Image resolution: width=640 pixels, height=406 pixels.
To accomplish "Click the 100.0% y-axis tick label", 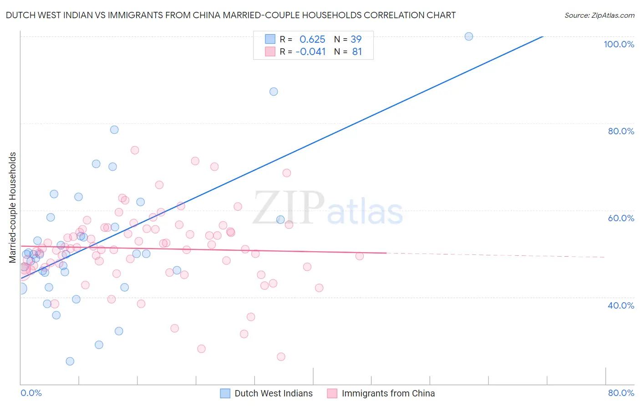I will (x=619, y=44).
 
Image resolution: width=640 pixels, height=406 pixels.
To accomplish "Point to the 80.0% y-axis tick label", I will (x=621, y=131).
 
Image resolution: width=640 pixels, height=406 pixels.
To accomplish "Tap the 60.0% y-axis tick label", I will (x=621, y=218).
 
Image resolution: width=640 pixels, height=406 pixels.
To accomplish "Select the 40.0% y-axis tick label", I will (x=621, y=305).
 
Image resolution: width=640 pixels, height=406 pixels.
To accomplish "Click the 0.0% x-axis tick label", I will (x=31, y=393).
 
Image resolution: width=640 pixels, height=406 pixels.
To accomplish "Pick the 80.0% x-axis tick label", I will (x=621, y=393).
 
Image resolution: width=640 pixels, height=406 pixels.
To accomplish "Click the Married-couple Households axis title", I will (x=13, y=208).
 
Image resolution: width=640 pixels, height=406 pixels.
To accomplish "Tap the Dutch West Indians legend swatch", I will (x=225, y=393).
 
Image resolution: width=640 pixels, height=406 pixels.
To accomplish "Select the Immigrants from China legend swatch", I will (x=332, y=393).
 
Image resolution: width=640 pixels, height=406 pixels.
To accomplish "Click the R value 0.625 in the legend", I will (x=312, y=40).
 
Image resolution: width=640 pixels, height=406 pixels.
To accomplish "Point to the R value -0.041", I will (x=310, y=52).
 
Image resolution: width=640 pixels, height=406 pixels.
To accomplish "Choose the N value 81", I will (x=357, y=52).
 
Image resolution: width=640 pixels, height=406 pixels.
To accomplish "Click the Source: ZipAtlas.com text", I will (x=599, y=15).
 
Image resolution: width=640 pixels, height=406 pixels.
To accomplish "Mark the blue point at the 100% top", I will (x=468, y=36).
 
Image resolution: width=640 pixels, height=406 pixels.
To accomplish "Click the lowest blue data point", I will (x=70, y=361).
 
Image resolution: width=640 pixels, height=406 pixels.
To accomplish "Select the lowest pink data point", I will (x=281, y=357).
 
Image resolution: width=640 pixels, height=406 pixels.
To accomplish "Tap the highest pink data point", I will (x=135, y=150).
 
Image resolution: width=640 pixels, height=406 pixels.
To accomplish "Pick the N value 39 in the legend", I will (x=356, y=40).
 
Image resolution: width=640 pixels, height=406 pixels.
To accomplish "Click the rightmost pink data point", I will (x=359, y=256).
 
